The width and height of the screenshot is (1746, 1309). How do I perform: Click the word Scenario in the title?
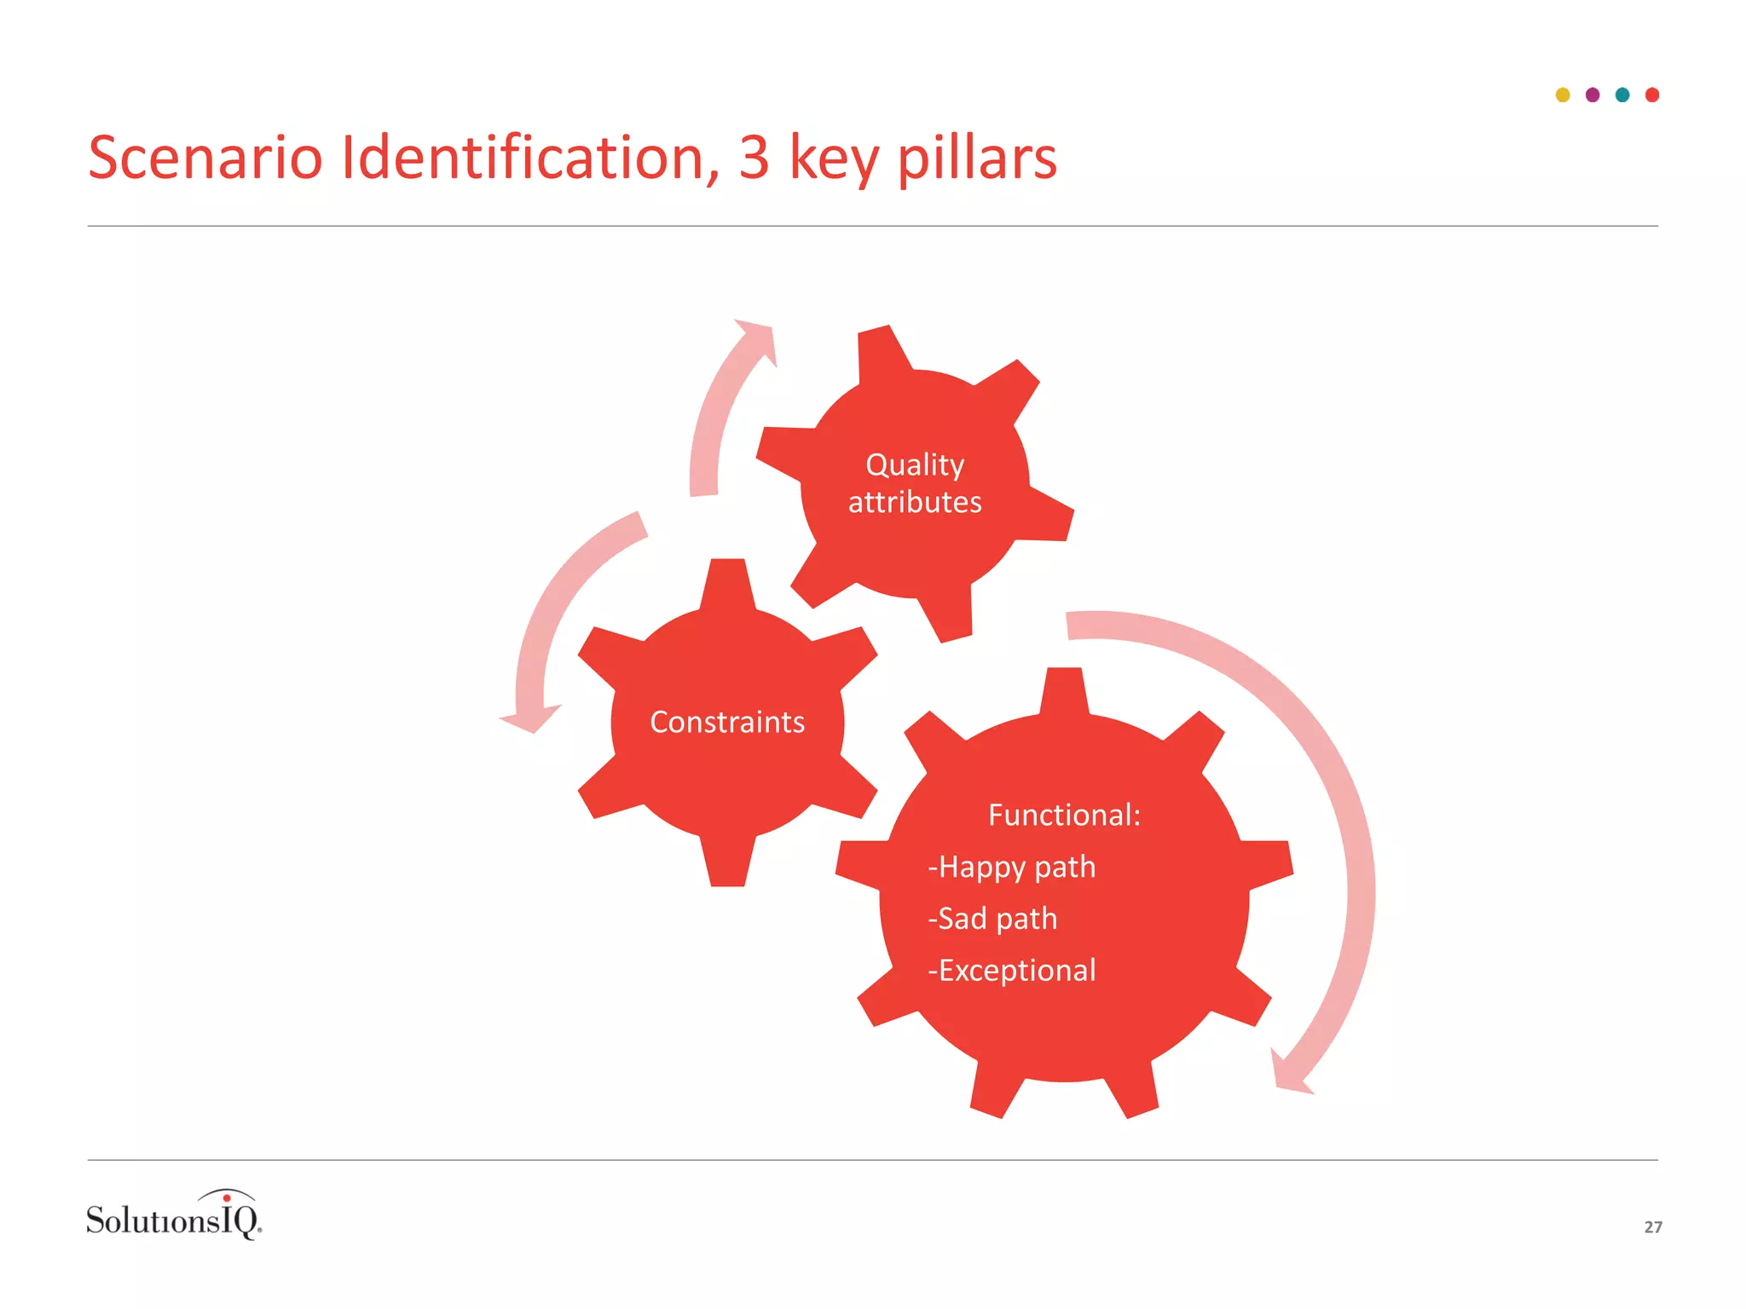point(205,159)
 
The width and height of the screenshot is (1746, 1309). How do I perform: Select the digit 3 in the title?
point(754,159)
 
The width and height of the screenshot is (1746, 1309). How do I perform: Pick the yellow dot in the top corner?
point(1563,95)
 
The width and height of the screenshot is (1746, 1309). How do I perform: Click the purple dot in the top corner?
point(1593,95)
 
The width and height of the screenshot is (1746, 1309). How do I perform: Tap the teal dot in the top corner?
point(1622,95)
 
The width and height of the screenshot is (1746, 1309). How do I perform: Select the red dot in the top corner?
point(1652,95)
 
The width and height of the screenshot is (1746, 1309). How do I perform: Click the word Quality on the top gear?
point(915,465)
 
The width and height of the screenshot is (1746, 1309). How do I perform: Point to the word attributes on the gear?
point(915,503)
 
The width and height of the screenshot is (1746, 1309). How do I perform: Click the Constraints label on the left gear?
point(727,723)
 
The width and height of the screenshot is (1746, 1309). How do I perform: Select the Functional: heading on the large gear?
point(1064,816)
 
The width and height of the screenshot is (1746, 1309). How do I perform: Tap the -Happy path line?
point(1012,868)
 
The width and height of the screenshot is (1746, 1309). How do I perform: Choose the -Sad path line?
point(993,920)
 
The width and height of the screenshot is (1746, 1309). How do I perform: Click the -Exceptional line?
point(1012,971)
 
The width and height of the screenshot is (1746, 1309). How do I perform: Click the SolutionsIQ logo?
point(174,1216)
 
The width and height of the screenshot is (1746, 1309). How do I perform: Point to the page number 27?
point(1653,1227)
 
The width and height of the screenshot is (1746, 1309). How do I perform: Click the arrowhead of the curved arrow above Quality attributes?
point(758,340)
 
